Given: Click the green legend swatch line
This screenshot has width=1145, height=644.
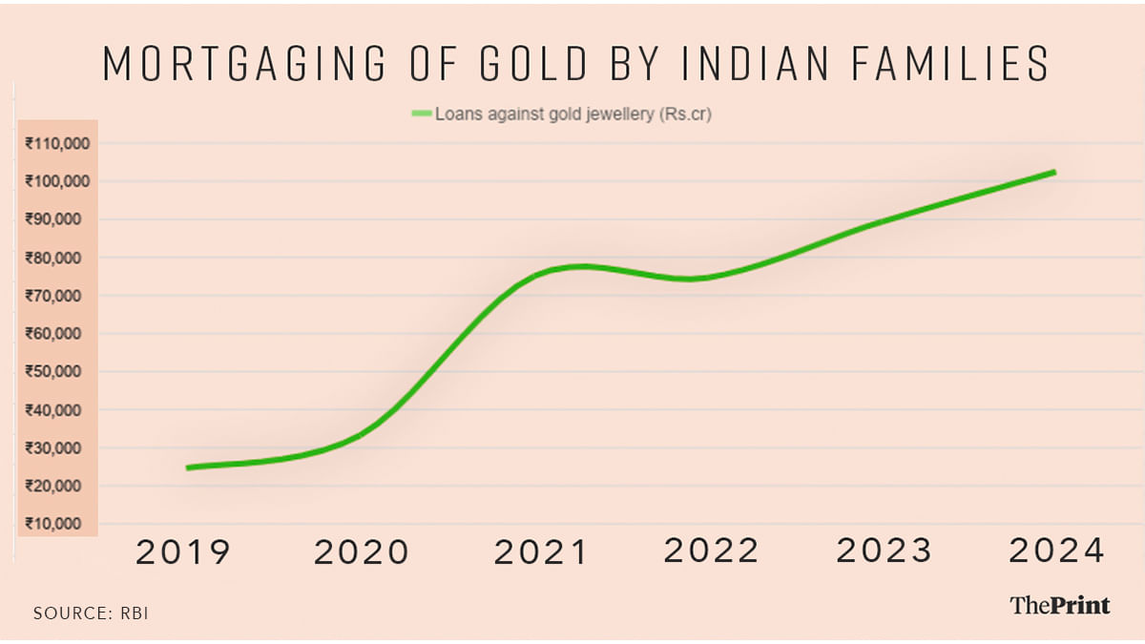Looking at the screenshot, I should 421,114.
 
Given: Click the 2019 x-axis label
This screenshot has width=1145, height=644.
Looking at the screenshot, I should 183,552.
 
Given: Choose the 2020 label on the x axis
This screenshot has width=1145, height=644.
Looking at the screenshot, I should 362,552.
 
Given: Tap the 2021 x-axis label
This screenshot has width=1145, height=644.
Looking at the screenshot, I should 540,552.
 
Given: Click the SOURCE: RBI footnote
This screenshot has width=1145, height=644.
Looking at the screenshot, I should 92,613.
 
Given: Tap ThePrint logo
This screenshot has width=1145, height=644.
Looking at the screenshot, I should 1060,604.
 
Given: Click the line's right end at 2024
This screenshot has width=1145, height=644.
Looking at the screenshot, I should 1053,173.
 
